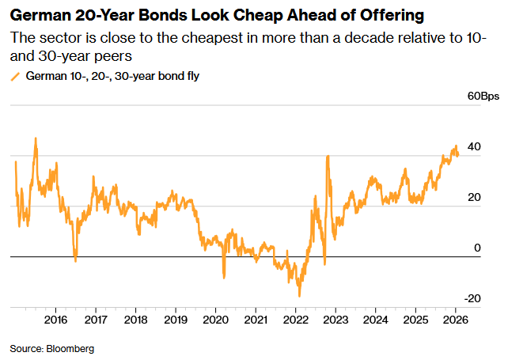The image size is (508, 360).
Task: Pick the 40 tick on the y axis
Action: (x=474, y=147)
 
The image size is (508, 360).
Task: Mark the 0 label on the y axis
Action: (x=477, y=248)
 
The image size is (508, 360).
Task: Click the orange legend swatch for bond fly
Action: (x=15, y=77)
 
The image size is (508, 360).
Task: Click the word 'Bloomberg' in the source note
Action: (x=70, y=348)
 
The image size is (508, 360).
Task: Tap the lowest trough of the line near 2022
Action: (x=299, y=296)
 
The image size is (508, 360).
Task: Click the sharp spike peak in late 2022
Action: (x=328, y=155)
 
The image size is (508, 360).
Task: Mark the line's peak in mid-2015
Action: (x=36, y=138)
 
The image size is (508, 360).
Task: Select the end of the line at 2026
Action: (x=458, y=155)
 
